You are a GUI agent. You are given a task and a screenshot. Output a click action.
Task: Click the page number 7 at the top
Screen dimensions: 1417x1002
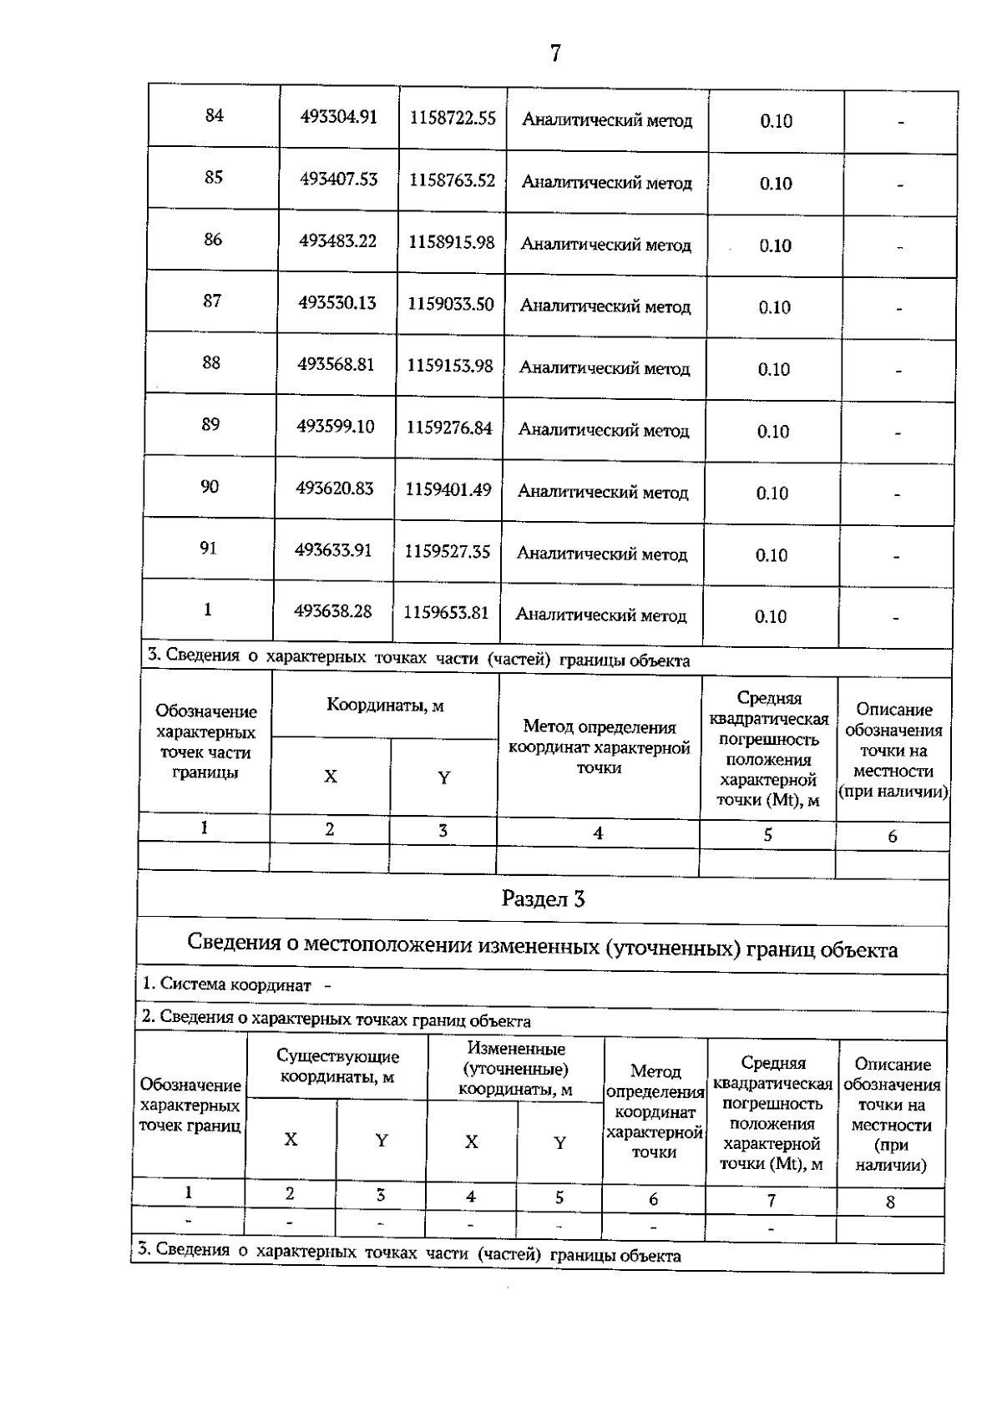555,53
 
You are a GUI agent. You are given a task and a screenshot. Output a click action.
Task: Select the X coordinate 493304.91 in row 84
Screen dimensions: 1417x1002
339,118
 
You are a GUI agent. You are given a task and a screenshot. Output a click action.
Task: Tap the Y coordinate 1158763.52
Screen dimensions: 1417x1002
452,180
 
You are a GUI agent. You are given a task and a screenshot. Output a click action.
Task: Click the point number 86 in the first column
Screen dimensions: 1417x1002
213,240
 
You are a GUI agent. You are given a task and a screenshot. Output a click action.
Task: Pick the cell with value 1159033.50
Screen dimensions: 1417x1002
451,304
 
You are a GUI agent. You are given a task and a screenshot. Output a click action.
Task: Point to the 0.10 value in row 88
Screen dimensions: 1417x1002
774,369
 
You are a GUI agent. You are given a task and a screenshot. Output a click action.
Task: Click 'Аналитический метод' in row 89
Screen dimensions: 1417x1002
604,430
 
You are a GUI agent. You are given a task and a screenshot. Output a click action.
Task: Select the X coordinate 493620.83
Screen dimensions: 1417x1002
335,488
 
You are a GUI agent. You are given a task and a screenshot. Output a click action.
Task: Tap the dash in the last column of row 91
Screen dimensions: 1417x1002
896,555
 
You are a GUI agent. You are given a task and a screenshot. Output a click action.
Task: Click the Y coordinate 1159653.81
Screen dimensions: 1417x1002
446,613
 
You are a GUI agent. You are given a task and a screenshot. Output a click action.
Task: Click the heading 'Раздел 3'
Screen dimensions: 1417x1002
543,899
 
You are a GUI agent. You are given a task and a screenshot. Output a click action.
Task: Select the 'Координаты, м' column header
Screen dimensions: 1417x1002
385,706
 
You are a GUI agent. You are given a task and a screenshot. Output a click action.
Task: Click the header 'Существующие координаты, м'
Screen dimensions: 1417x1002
337,1067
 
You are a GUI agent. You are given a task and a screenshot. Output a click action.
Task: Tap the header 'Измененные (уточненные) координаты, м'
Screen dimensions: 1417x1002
515,1069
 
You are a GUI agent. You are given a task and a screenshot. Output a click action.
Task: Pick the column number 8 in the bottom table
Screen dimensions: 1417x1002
890,1202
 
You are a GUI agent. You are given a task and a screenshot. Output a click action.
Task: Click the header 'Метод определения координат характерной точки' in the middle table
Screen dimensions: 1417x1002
599,747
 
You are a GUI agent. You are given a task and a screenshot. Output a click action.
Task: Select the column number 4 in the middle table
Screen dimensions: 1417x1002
598,833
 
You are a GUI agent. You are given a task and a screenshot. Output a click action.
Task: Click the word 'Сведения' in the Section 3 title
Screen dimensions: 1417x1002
233,944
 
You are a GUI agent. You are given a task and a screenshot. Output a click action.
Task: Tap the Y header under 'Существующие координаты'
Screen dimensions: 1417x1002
382,1140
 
